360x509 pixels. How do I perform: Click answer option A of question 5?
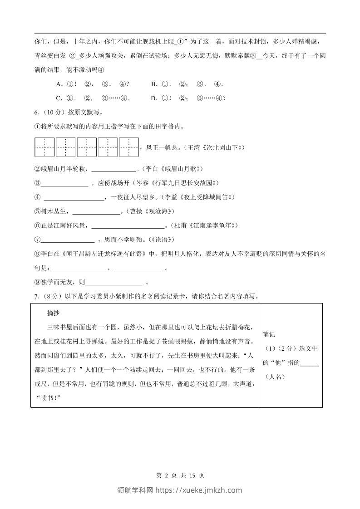[x=59, y=84]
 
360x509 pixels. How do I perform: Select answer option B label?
[x=154, y=84]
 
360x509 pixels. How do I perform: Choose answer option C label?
[x=59, y=98]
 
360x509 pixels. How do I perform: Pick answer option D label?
[x=154, y=98]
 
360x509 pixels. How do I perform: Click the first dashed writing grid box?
[x=44, y=147]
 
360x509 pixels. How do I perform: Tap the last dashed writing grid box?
[x=129, y=147]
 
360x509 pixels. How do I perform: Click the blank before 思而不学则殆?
[x=68, y=240]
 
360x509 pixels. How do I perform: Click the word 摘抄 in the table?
[x=54, y=313]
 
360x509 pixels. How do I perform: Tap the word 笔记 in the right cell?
[x=269, y=335]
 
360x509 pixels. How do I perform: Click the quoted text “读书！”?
[x=48, y=398]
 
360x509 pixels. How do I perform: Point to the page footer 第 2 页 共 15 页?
[x=180, y=475]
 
